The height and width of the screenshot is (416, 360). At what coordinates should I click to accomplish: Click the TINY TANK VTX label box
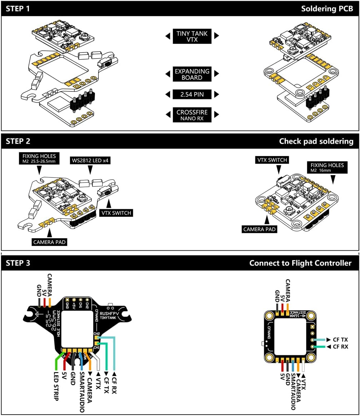[192, 36]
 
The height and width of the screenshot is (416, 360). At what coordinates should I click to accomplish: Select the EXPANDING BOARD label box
[192, 74]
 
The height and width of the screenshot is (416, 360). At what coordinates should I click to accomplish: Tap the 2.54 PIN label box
[192, 95]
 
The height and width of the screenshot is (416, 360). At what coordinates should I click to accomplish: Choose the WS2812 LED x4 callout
[90, 161]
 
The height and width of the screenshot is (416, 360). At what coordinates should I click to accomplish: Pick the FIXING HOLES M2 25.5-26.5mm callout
[39, 159]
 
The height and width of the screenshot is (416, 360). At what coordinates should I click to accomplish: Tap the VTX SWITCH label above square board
[271, 160]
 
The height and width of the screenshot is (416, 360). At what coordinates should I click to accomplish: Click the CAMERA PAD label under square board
[260, 229]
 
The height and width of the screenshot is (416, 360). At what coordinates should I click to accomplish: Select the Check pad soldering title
[316, 141]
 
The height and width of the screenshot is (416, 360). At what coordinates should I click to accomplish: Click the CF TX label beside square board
[340, 340]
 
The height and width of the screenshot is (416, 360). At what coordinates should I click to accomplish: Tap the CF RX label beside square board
[340, 347]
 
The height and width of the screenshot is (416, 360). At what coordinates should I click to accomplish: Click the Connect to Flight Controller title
[300, 263]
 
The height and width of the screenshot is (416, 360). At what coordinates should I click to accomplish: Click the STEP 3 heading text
[18, 263]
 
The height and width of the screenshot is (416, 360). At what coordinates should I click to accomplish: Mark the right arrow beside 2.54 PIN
[216, 95]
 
